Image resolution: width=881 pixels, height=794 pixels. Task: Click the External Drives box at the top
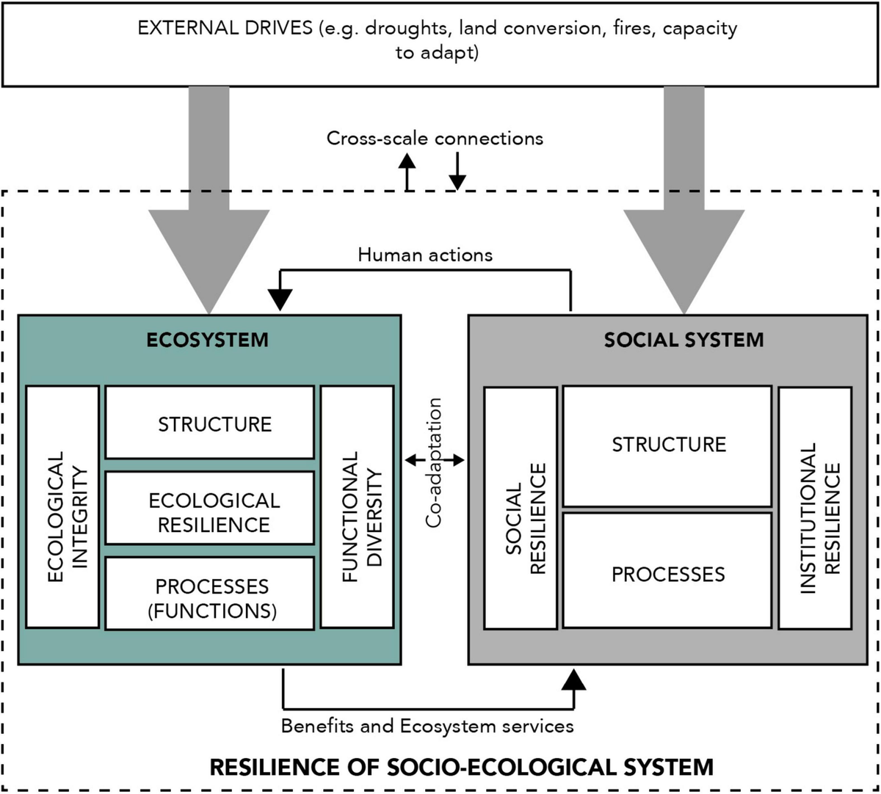click(440, 43)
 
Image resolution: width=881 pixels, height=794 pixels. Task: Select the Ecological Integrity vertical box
click(62, 506)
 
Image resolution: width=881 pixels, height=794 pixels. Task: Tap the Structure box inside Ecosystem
click(210, 423)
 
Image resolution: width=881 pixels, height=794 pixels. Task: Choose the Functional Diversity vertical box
click(358, 506)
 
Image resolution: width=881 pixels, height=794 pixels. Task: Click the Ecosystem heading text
click(207, 340)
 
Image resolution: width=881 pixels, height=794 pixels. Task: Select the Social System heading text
click(684, 340)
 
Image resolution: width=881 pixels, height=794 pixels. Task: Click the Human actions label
click(425, 255)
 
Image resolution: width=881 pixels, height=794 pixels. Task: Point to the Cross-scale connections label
click(435, 138)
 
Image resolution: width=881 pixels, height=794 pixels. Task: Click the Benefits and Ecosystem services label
click(427, 726)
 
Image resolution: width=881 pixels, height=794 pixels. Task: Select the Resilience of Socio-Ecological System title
click(461, 768)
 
